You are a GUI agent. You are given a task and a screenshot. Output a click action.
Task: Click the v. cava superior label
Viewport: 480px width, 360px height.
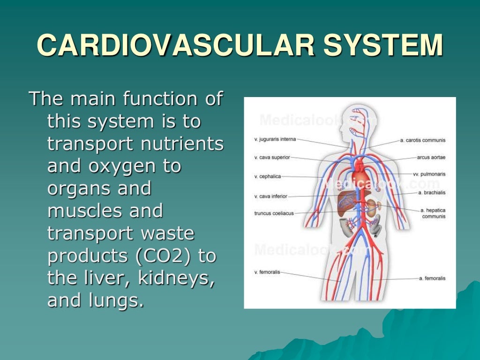click(x=272, y=157)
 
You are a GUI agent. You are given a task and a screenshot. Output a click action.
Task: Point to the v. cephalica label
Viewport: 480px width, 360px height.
click(x=267, y=177)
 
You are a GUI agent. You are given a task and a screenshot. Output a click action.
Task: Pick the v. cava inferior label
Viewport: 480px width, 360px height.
click(x=270, y=196)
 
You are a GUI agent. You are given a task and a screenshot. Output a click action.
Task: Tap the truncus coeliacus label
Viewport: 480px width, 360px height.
click(x=274, y=213)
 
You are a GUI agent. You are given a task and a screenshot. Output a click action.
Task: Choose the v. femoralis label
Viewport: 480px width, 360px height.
click(x=267, y=272)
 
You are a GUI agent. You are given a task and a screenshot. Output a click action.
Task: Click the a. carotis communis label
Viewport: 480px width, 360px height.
click(x=422, y=140)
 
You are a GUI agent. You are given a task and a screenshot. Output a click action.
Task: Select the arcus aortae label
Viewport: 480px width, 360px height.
click(x=431, y=157)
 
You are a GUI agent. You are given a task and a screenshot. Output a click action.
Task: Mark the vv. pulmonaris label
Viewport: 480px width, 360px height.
click(x=429, y=174)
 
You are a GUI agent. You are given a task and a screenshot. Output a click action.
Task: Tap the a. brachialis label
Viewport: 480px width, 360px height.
click(x=431, y=193)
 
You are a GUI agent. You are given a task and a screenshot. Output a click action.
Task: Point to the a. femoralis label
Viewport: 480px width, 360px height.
click(x=432, y=278)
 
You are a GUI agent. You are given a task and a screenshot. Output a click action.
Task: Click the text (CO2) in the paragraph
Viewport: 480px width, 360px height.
click(x=165, y=256)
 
